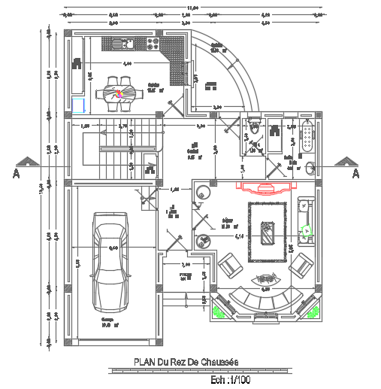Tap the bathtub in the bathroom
tap(307, 139)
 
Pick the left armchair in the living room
tap(231, 266)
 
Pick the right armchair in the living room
tap(301, 264)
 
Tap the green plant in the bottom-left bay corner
tap(219, 309)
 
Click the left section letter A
tap(16, 174)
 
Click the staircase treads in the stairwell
tap(113, 147)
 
